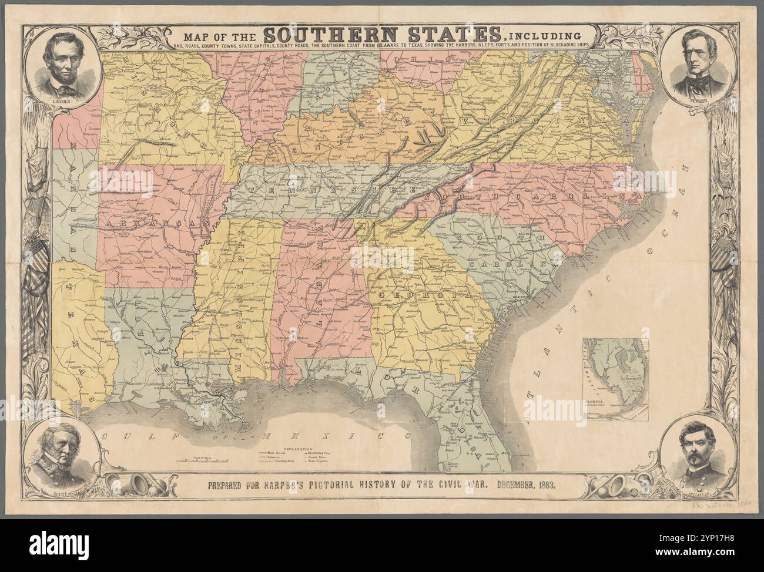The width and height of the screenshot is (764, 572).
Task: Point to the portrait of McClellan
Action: [x=699, y=453]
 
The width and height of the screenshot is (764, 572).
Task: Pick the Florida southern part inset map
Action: [x=615, y=379]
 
